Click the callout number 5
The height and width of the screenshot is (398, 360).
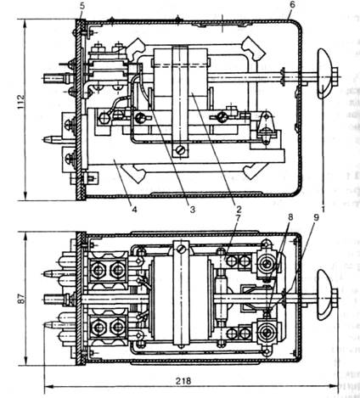(x=82, y=6)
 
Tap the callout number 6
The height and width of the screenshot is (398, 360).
(x=292, y=4)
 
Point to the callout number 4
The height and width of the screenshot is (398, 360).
(x=134, y=210)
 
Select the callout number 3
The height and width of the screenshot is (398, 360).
(x=193, y=210)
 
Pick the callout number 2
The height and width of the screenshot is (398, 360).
(x=239, y=210)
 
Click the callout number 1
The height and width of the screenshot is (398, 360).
(x=323, y=210)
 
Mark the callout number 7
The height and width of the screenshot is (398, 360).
(x=238, y=218)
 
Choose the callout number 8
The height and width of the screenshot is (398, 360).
(x=290, y=217)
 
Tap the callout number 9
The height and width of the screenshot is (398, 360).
(x=316, y=217)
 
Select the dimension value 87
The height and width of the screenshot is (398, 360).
(x=21, y=298)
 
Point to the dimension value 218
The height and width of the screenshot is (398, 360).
(x=183, y=381)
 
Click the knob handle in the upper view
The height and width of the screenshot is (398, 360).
(x=324, y=74)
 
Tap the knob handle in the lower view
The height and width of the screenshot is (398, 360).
(x=324, y=294)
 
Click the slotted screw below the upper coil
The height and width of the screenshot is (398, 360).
(x=180, y=151)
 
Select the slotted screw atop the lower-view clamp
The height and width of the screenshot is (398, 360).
(x=180, y=249)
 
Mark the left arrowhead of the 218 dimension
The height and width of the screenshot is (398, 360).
(x=48, y=386)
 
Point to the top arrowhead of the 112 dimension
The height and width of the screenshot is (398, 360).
(x=26, y=23)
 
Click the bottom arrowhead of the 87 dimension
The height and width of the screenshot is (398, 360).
(x=26, y=362)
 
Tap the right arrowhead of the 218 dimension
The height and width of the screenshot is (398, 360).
(x=334, y=386)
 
